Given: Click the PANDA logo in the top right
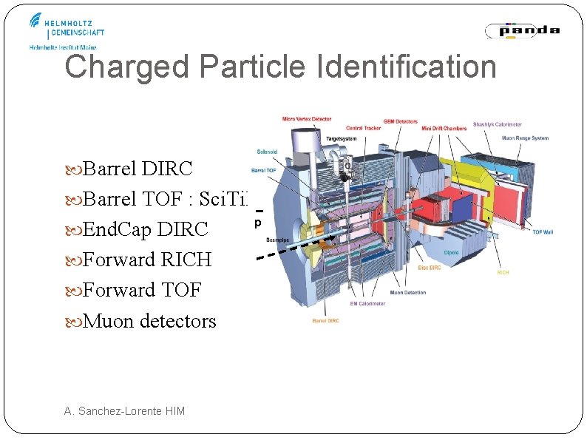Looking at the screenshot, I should point(523,30).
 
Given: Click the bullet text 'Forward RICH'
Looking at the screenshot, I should point(146,260).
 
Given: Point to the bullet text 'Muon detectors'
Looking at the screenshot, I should point(149,321).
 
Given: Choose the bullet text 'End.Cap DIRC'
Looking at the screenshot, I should point(145,230).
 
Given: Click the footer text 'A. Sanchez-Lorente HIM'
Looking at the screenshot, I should point(124,411).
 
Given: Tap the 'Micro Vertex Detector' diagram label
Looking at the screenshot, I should point(307,119).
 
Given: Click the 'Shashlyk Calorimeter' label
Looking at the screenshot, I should point(497,125).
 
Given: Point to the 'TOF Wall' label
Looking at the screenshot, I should point(543,232).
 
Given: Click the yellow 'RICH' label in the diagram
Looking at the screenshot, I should point(503,272).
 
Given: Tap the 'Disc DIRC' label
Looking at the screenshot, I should point(429,268).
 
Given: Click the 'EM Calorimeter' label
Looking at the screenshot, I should point(367,303).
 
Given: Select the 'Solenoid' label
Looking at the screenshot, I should point(267,152).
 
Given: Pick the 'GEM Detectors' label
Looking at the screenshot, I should point(399,122).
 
